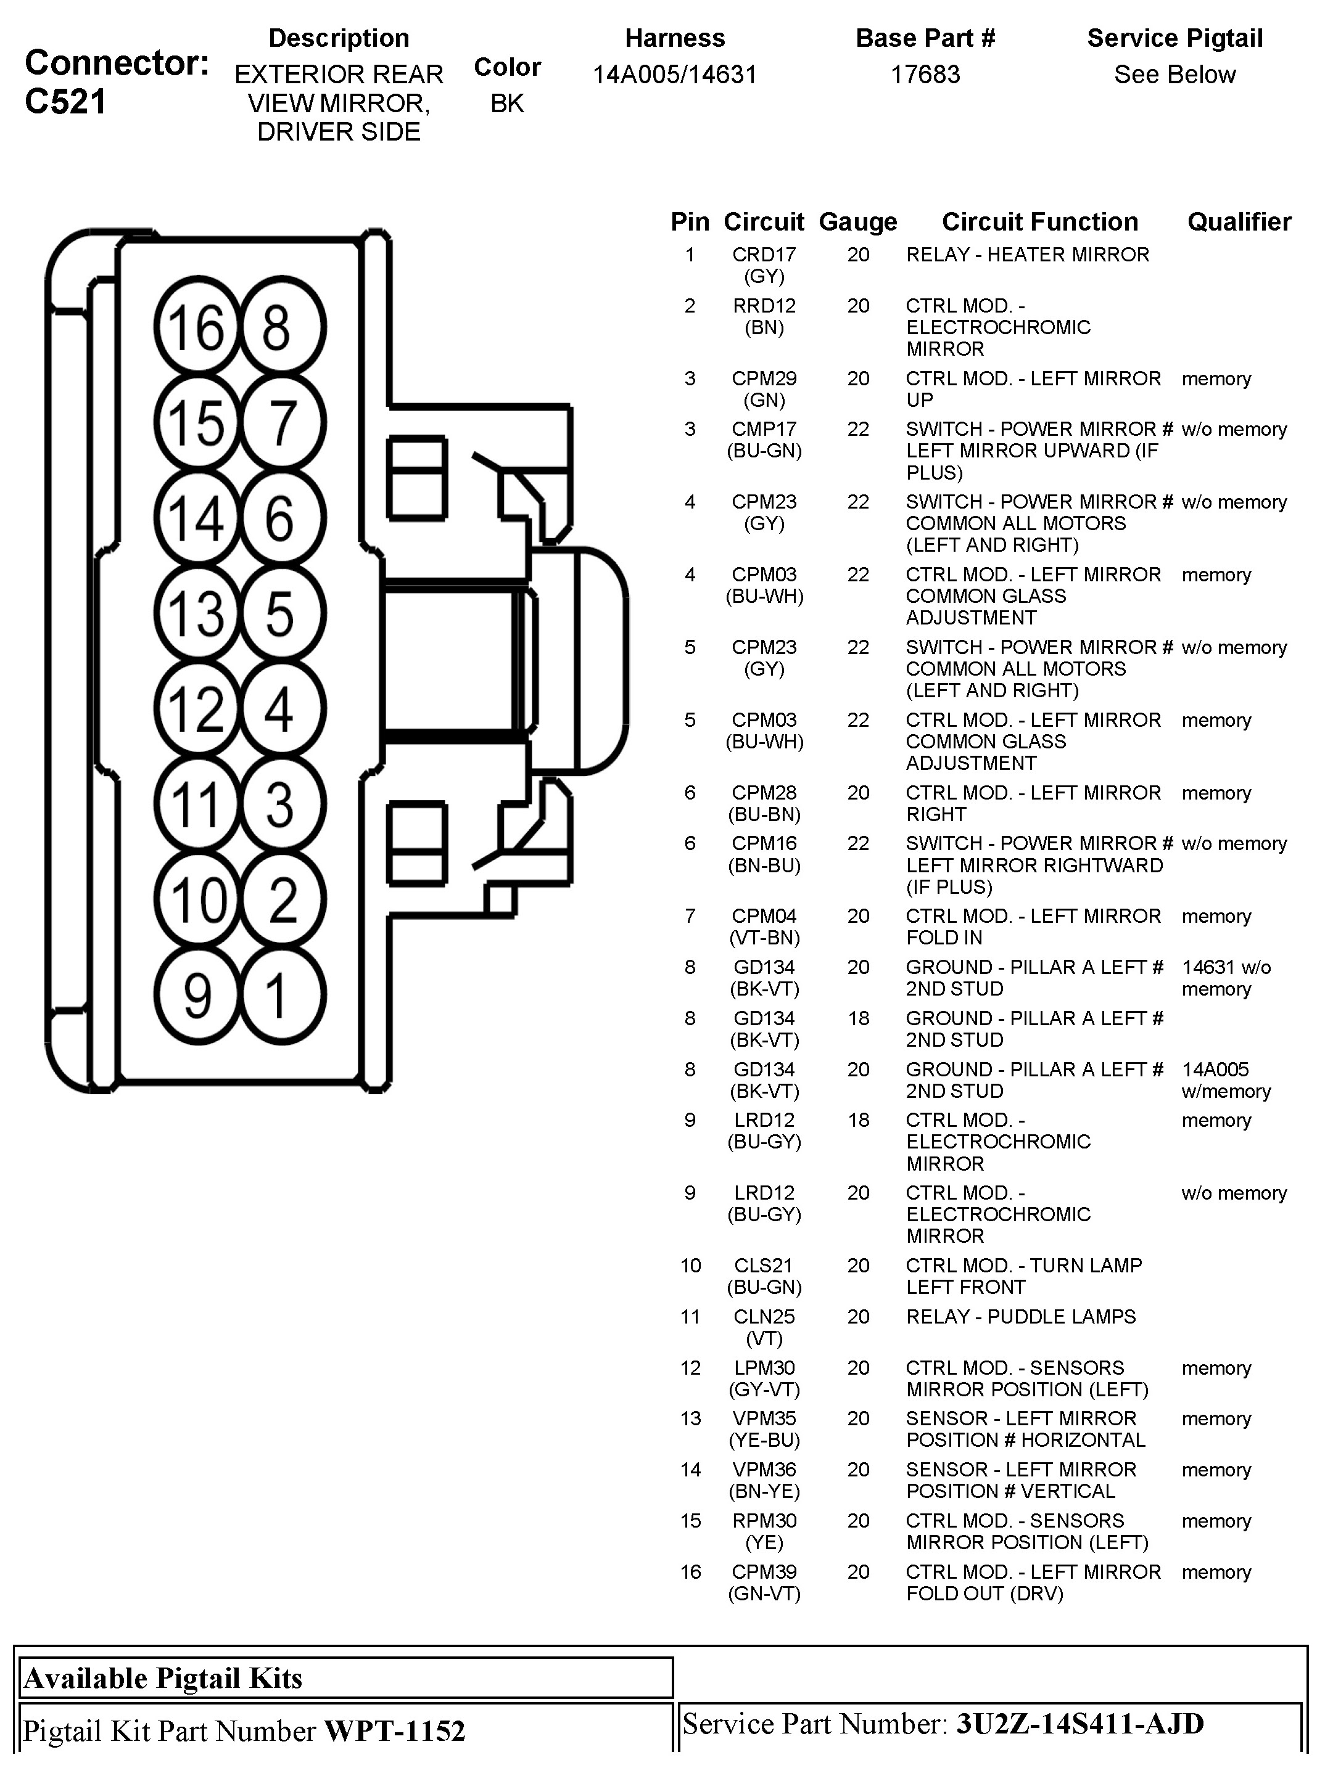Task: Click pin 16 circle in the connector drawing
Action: coord(197,327)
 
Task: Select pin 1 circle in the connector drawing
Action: coord(281,996)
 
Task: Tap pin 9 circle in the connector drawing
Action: coord(197,996)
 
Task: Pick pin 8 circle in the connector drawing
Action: coord(281,327)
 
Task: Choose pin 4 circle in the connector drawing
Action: coord(281,709)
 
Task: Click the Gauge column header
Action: coord(857,221)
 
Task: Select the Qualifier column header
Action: coord(1239,221)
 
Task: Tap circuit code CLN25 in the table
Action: coord(764,1316)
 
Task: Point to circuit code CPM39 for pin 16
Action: coord(764,1571)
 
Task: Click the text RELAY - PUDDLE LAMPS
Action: coord(1020,1316)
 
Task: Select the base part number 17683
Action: coord(925,75)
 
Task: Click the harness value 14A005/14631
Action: coord(674,75)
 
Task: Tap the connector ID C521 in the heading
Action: coord(65,102)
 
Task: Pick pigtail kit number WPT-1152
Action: coord(394,1730)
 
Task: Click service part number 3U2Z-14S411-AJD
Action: coord(1079,1724)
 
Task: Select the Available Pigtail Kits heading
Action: coord(163,1677)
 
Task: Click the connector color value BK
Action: coord(507,103)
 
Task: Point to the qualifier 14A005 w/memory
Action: coord(1225,1080)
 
